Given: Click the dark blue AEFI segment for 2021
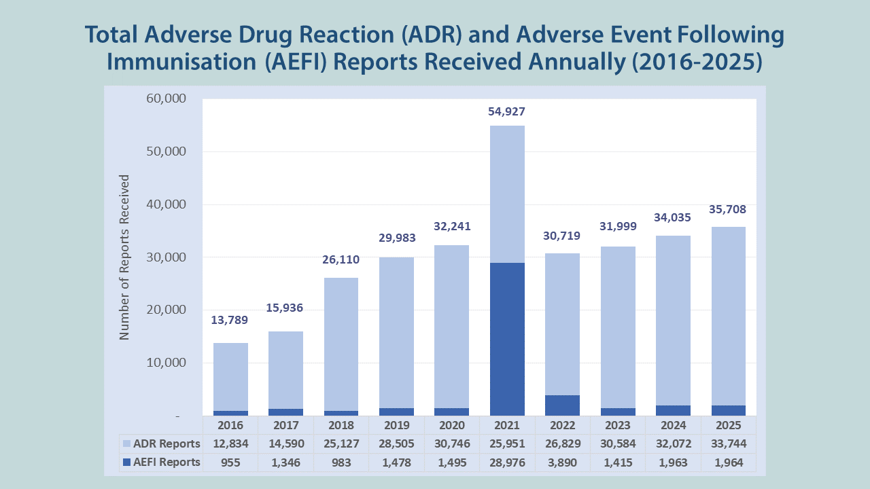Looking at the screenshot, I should [507, 339].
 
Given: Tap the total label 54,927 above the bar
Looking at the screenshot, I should [507, 111].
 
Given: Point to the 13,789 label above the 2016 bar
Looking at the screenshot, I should [230, 320].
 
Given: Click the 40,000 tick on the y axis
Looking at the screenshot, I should [167, 204].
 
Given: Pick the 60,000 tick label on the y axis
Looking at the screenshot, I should [167, 98].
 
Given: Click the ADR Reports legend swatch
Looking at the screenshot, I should [126, 443].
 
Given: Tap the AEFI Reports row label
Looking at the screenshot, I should [167, 462].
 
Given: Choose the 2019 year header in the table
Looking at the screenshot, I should [397, 425].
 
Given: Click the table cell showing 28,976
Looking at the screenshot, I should [507, 463].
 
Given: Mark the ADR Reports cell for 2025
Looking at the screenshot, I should [728, 444].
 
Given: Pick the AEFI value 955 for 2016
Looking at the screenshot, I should [230, 463].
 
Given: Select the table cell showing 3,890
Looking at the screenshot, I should [562, 463].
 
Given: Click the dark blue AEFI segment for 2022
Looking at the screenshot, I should [562, 405].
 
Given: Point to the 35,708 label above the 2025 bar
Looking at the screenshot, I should [728, 209].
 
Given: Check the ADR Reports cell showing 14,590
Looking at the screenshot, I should [286, 444].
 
